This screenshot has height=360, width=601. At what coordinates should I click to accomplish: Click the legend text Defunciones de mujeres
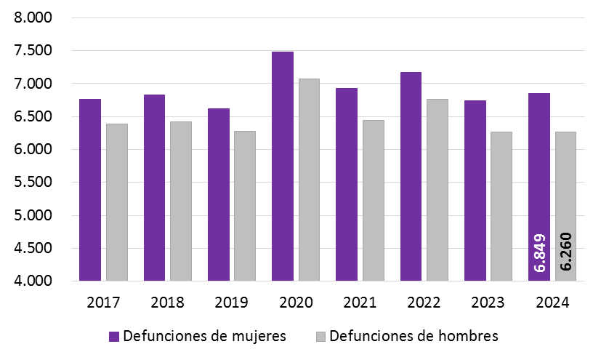pyautogui.click(x=204, y=336)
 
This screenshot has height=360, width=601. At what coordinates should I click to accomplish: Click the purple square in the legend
pyautogui.click(x=114, y=337)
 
